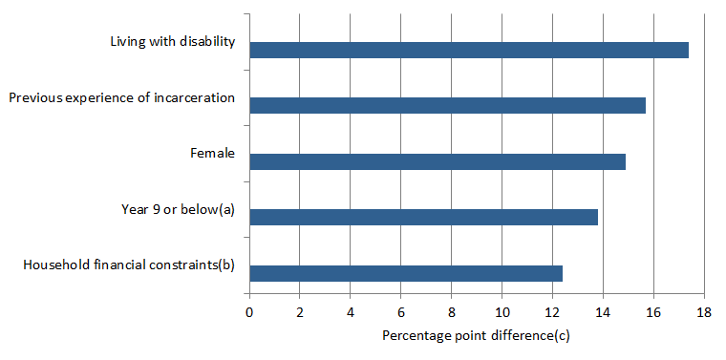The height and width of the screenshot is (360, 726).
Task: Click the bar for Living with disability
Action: pos(468,51)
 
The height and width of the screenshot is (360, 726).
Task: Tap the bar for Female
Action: pos(437,161)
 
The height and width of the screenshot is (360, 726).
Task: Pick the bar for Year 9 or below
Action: pos(423,217)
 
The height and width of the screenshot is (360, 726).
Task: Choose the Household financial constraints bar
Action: pos(406,273)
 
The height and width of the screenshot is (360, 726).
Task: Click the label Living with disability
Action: pos(172,41)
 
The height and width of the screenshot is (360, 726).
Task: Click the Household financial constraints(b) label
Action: pos(129,264)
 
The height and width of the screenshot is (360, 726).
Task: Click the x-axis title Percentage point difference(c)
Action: pos(476,335)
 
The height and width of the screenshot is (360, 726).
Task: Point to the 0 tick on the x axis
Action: pos(249,312)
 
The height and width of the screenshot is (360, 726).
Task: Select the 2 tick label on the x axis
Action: pos(300,312)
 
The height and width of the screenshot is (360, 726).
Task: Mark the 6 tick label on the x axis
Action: pos(401,312)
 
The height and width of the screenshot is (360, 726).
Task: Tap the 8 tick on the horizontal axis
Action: pos(452,312)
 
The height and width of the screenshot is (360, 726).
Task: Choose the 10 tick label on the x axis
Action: pos(502,312)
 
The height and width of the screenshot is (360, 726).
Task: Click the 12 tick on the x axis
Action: pos(552,312)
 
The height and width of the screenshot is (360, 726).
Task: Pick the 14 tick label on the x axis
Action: pos(603,312)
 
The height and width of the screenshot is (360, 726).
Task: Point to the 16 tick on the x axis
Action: pos(653,312)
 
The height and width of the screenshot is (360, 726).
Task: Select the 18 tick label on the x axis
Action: pos(704,312)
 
